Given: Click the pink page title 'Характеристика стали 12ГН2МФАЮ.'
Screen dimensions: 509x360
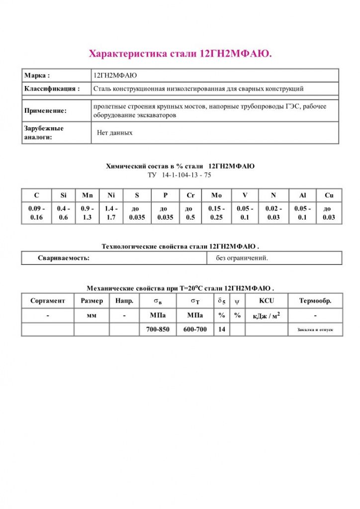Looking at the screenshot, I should (180, 54).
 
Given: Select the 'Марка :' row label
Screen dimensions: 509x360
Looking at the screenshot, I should (37, 76).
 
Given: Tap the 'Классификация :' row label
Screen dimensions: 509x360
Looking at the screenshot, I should (52, 89).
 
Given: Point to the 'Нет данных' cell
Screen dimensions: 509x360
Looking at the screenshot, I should (114, 133).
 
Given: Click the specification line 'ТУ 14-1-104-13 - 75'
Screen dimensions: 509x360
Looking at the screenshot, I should (180, 175).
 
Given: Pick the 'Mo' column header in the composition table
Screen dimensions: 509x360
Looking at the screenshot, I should (216, 195).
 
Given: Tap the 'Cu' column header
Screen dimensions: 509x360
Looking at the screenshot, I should (329, 195).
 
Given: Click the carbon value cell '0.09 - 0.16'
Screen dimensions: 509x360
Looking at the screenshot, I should (36, 213).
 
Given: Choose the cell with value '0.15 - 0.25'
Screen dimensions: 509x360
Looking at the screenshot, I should (216, 213).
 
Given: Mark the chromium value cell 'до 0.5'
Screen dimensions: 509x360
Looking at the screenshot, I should (189, 213).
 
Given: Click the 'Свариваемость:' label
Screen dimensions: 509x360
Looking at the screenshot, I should (64, 258).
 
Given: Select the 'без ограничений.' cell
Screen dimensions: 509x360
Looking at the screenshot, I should (242, 258).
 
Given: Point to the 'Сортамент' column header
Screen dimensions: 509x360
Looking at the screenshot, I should (48, 301).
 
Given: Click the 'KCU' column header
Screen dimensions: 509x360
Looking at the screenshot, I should (267, 301).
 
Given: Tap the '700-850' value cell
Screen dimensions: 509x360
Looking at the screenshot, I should (158, 329).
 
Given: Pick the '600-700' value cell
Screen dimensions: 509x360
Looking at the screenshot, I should (195, 329).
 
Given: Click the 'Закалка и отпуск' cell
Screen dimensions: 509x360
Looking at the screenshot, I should (315, 330).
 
